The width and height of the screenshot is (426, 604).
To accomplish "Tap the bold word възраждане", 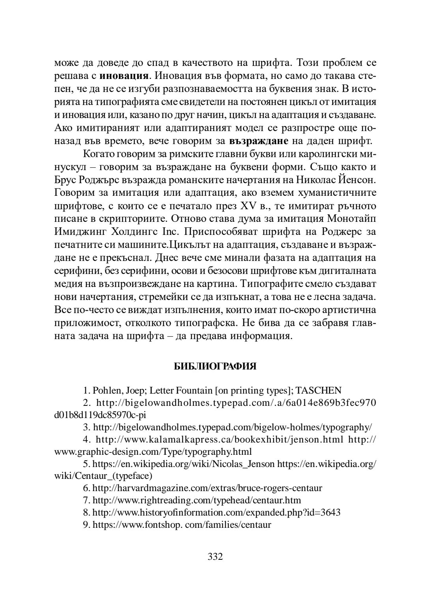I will (x=259, y=141).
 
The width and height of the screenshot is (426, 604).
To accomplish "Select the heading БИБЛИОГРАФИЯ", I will (x=215, y=366).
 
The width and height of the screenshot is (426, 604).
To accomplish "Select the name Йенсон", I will (x=357, y=180).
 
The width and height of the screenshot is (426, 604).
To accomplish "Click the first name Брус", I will (x=65, y=180).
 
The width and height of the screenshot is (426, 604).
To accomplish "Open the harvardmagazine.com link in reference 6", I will (x=207, y=488).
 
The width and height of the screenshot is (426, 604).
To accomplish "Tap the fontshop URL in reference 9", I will (x=182, y=525).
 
